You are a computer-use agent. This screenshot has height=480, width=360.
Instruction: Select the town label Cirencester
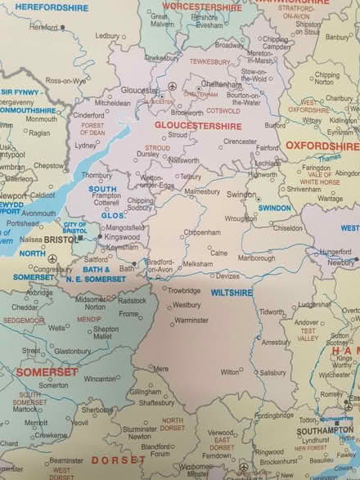241,141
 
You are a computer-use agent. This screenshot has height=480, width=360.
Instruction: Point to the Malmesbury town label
202,191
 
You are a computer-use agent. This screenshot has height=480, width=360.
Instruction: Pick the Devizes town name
228,276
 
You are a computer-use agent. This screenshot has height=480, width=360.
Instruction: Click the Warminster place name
191,320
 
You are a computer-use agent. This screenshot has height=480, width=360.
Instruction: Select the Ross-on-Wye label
65,81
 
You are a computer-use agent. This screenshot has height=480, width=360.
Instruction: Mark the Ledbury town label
107,36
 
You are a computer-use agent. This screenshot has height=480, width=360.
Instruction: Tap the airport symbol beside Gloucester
172,86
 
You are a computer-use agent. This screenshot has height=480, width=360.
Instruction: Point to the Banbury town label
339,37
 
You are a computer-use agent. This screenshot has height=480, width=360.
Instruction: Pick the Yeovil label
79,422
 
